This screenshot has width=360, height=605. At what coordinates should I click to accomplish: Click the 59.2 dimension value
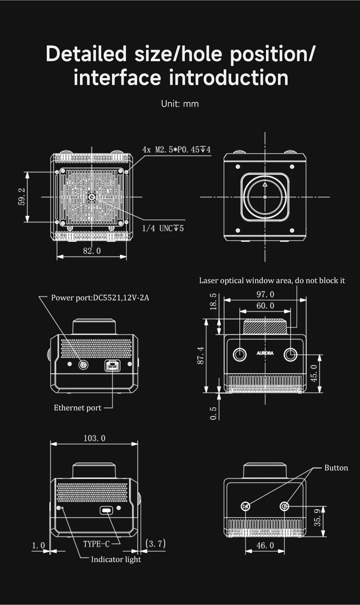click(x=22, y=196)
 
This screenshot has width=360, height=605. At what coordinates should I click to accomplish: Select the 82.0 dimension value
click(x=92, y=251)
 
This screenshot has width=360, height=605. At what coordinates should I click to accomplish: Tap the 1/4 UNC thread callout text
click(x=163, y=228)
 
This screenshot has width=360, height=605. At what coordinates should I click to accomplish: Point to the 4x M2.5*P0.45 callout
click(x=176, y=150)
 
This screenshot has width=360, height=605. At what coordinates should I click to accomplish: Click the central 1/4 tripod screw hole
click(x=92, y=197)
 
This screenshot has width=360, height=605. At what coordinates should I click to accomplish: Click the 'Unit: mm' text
click(x=180, y=104)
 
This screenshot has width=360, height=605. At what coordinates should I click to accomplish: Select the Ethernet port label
click(x=78, y=408)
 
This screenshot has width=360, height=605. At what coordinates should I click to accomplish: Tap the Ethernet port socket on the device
click(x=112, y=365)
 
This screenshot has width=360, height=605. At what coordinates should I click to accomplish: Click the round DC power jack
click(x=83, y=365)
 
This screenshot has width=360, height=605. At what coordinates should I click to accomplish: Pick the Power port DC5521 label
click(x=100, y=298)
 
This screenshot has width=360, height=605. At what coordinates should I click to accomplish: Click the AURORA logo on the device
click(x=265, y=353)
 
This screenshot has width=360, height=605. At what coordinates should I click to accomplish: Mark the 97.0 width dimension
click(x=265, y=294)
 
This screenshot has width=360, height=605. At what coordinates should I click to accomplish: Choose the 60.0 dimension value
click(x=265, y=306)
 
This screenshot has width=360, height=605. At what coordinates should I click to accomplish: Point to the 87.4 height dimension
click(x=201, y=355)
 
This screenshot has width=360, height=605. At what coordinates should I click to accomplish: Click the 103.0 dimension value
click(x=94, y=438)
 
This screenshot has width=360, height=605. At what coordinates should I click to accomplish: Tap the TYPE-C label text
click(x=96, y=544)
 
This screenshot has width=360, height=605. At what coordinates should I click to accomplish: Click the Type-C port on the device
click(x=106, y=510)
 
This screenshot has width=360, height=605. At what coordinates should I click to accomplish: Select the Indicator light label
click(x=116, y=559)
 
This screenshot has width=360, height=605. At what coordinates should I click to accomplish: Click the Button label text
click(x=336, y=468)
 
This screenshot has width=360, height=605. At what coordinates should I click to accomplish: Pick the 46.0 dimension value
click(x=265, y=545)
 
